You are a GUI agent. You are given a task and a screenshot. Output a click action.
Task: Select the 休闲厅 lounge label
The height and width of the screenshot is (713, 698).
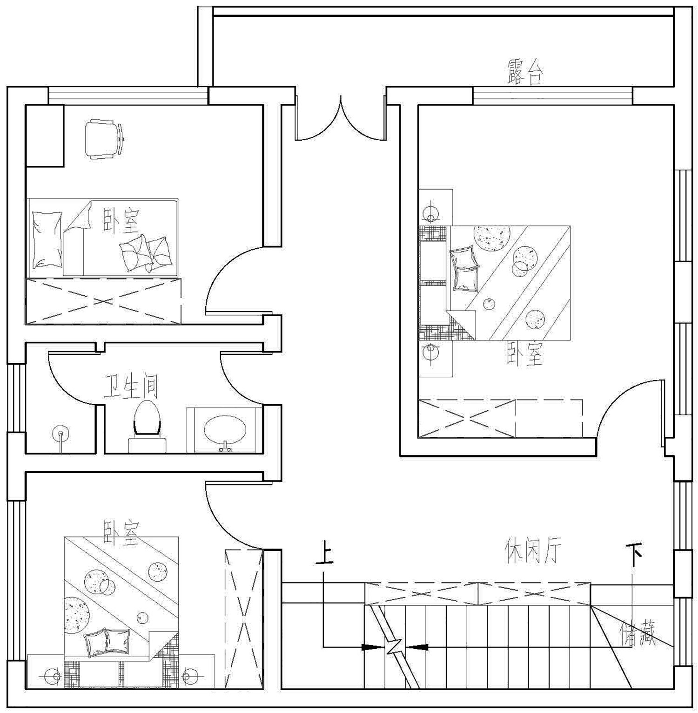[533, 551]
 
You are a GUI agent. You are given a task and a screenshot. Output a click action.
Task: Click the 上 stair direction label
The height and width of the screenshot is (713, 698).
[324, 553]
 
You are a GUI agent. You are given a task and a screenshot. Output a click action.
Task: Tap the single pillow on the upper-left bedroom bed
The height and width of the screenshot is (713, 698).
[47, 239]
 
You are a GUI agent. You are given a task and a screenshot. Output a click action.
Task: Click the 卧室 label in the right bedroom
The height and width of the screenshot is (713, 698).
[525, 355]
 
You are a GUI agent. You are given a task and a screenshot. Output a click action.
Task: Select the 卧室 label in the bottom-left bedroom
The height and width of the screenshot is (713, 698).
[121, 533]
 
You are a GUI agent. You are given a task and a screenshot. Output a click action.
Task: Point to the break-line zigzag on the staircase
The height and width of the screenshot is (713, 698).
[394, 646]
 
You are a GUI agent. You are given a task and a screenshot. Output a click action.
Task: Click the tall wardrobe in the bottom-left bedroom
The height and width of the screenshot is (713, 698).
[244, 619]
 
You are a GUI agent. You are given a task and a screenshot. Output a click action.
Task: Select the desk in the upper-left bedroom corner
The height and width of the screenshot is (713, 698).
[45, 136]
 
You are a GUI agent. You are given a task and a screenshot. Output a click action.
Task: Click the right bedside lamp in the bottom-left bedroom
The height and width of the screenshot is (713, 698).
[189, 674]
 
